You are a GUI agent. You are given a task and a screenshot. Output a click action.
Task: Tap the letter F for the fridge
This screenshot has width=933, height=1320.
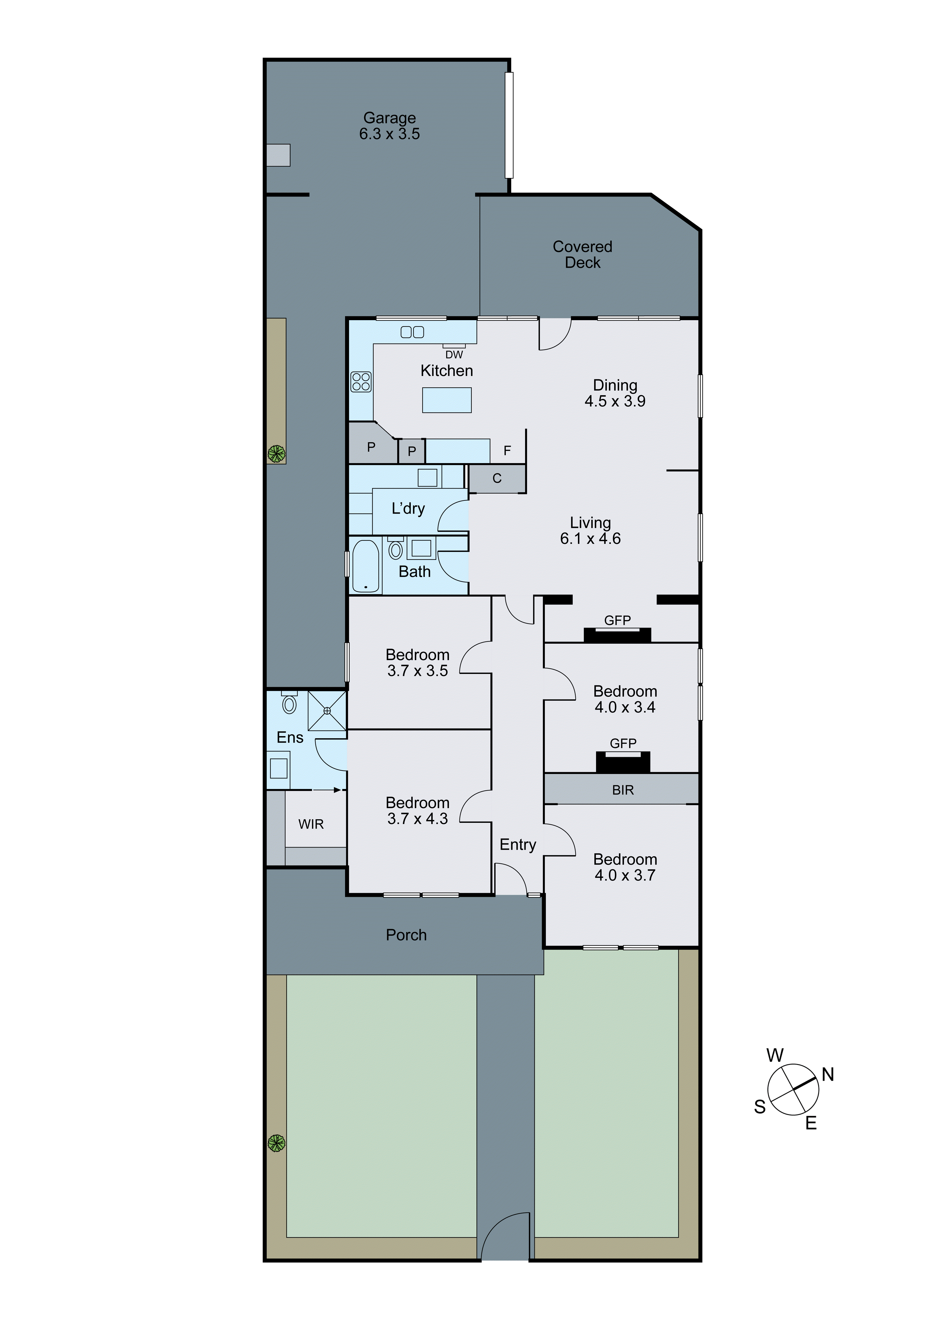coord(507,450)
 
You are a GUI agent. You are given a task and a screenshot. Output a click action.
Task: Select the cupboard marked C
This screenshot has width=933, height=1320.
coord(497,478)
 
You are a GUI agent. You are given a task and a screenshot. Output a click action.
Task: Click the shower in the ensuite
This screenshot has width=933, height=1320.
coord(327,711)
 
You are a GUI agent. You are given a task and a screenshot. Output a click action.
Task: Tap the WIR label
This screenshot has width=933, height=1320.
coord(311,824)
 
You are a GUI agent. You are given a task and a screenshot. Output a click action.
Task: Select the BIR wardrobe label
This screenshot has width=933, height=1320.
coord(622,790)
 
